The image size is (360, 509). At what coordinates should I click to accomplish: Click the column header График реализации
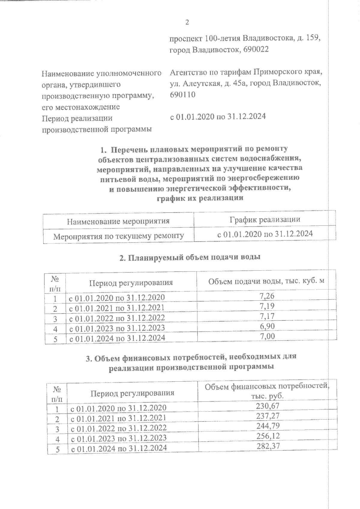265,219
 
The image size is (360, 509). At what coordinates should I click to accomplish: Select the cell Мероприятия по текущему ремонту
118,236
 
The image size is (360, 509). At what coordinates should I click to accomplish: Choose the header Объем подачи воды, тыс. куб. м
266,281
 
